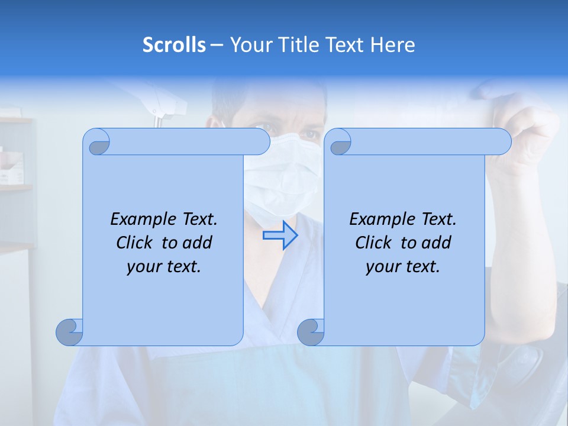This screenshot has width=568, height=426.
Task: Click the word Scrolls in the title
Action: (x=174, y=45)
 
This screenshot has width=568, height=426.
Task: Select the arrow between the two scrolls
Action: (x=280, y=235)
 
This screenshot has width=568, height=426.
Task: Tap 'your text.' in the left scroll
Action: (x=164, y=267)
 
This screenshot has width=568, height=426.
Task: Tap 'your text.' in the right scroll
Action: (x=403, y=267)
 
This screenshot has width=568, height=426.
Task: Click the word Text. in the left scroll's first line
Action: (x=196, y=219)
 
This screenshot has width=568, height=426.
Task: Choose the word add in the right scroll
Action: (x=437, y=243)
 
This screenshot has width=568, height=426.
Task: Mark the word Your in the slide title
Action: (x=248, y=45)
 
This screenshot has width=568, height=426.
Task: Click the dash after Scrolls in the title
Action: (x=217, y=45)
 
